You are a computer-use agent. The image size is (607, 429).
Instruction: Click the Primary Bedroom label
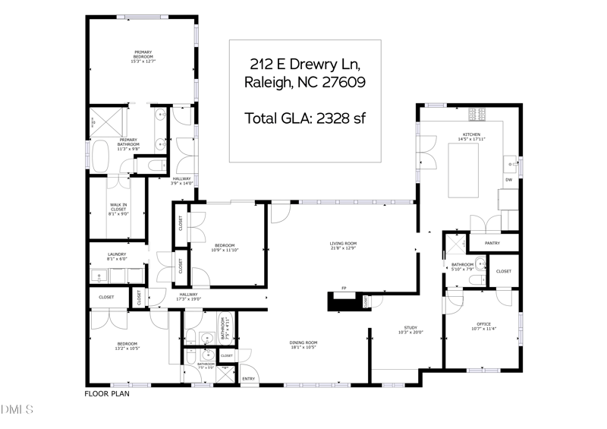(x=143, y=55)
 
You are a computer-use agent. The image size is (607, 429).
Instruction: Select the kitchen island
(x=471, y=169)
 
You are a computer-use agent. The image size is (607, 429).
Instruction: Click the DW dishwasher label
(x=509, y=180)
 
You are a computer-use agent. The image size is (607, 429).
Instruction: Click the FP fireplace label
(x=344, y=289)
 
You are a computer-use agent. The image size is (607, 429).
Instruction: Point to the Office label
(x=483, y=326)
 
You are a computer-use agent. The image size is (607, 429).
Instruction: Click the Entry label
(x=248, y=378)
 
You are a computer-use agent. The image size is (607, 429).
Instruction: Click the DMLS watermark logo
(x=17, y=411)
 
